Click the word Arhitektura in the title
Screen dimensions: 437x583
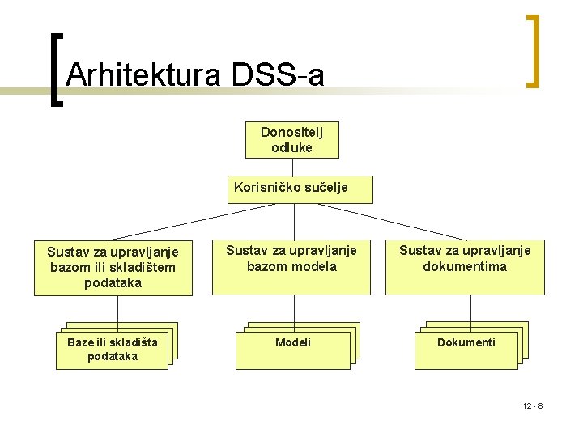tap(144, 75)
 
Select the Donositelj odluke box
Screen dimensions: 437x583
tap(292, 140)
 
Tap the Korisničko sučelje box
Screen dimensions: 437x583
tap(292, 189)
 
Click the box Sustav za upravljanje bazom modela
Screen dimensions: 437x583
tap(292, 267)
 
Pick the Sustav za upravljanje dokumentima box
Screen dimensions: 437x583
tap(465, 267)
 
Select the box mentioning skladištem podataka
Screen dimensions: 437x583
tap(113, 268)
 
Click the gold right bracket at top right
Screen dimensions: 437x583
tap(531, 50)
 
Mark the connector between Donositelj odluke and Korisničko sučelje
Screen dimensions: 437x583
tap(293, 167)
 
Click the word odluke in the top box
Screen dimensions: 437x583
tap(292, 148)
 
